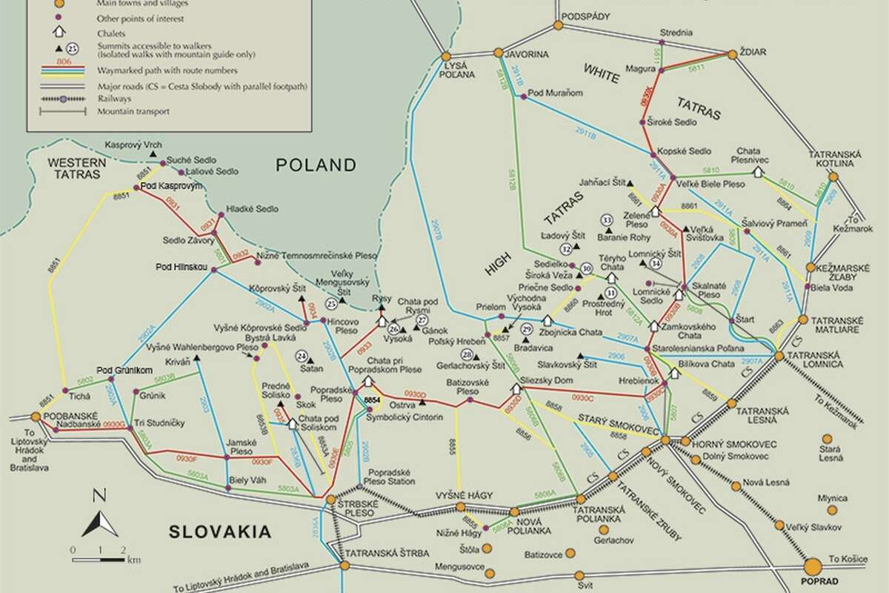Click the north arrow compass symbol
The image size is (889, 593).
[x=99, y=516]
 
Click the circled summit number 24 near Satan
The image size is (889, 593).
[x=302, y=355]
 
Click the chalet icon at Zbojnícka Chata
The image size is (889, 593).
[x=547, y=320]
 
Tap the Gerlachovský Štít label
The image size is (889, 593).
[x=467, y=365]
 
